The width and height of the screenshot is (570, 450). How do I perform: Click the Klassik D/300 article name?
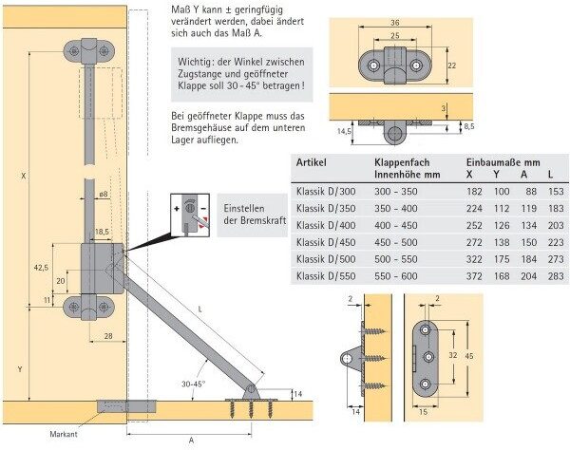326,192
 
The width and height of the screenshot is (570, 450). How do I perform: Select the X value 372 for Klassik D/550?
474,276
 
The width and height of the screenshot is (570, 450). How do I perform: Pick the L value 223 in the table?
556,242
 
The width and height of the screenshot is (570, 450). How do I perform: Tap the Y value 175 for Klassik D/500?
502,259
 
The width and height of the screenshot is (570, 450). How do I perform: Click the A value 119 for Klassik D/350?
528,209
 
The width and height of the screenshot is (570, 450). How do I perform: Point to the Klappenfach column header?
402,162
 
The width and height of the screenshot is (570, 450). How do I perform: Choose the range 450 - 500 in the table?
396,242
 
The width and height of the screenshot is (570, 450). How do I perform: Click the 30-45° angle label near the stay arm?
194,384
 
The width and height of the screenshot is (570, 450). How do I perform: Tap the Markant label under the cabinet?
64,434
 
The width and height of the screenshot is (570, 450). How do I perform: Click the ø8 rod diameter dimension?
104,194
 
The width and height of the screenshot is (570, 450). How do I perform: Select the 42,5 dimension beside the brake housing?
41,268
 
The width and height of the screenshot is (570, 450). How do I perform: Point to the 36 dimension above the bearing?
395,23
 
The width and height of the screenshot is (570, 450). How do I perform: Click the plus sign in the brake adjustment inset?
177,209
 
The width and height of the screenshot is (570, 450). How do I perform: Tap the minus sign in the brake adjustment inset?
203,209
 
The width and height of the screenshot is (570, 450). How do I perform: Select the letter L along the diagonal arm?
199,309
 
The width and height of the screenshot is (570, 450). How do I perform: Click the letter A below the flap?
191,441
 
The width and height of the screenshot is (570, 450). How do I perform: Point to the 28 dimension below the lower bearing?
108,336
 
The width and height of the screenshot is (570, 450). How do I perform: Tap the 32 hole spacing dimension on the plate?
452,355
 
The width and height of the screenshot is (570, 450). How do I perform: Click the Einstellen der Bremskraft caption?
255,215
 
